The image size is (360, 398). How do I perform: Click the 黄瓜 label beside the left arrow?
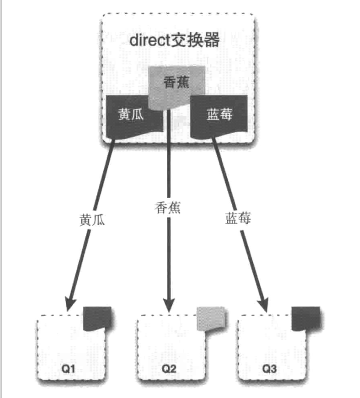coord(93,219)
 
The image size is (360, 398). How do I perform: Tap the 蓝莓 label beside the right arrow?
coord(238,218)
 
